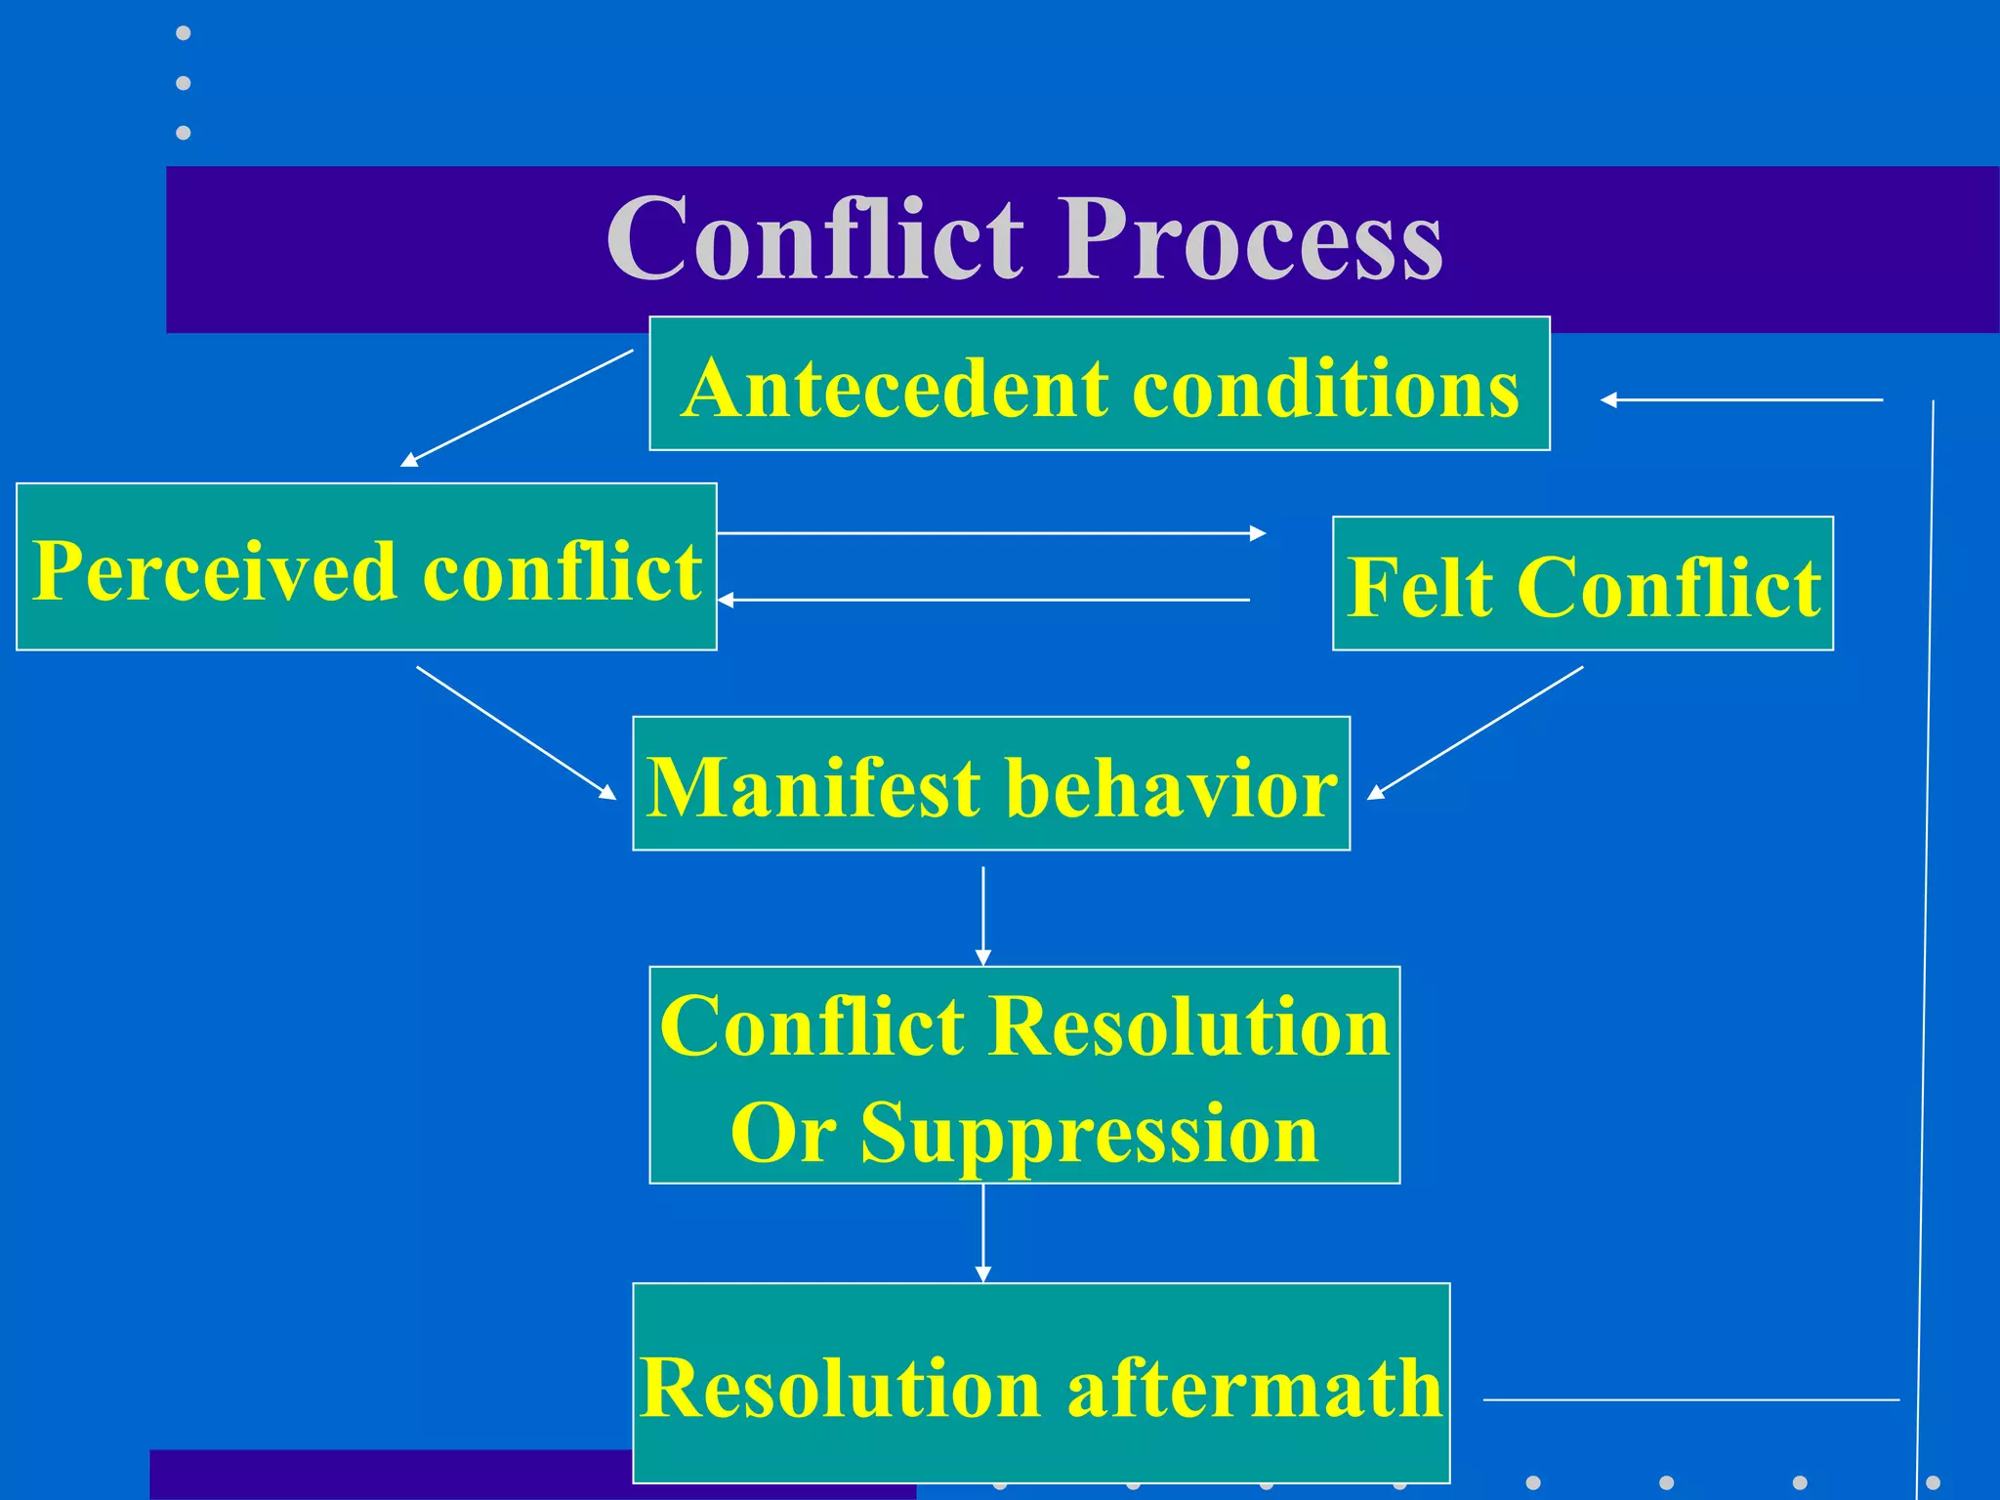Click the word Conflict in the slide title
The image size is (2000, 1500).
(x=815, y=239)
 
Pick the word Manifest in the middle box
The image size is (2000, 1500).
(x=813, y=788)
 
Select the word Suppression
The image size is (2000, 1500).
(x=1089, y=1133)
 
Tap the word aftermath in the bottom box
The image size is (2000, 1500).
(x=1255, y=1389)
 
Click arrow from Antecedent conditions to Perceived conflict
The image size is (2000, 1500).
(x=518, y=407)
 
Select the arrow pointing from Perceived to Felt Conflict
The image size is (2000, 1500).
(x=991, y=533)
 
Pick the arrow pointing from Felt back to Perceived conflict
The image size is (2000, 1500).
(x=984, y=600)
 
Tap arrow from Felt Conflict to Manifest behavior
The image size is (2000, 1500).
(x=1475, y=732)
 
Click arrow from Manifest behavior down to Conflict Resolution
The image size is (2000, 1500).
(x=983, y=915)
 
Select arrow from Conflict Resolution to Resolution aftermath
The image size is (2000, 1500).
(x=983, y=1232)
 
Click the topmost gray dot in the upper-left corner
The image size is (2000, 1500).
(x=183, y=33)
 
